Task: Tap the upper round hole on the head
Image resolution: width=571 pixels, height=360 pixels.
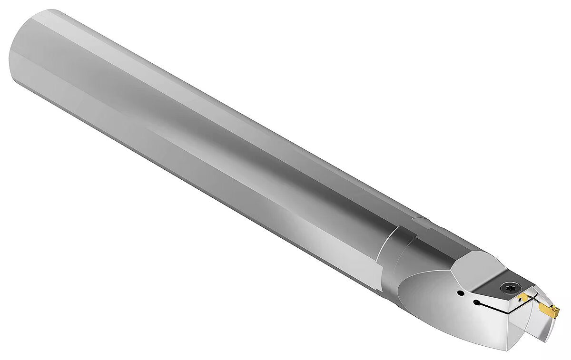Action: point(460,293)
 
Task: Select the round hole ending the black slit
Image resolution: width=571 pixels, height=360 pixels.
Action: point(476,302)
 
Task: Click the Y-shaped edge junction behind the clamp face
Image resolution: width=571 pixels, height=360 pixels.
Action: point(451,273)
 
